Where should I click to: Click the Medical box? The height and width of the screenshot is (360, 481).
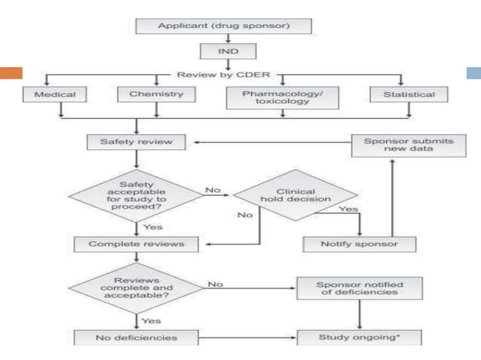coord(49,95)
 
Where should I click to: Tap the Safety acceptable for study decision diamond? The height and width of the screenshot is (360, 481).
coord(136,195)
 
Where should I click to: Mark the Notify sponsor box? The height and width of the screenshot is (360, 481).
coord(350,244)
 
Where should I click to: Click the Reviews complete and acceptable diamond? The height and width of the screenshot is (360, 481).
coord(136,288)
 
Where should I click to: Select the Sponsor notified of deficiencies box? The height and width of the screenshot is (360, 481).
coord(349,288)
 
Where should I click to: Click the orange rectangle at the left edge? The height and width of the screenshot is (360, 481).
coord(11,73)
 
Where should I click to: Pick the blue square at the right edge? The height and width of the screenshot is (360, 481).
coord(473,73)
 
